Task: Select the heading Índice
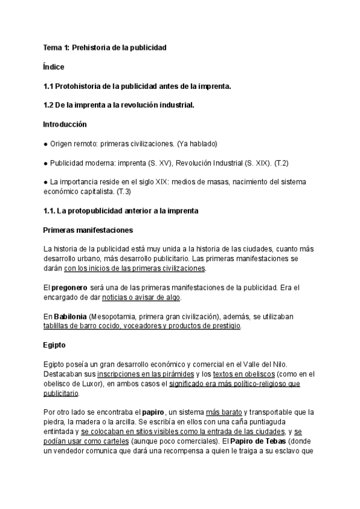click(x=54, y=67)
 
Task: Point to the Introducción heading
click(x=65, y=125)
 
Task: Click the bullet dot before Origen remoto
click(x=46, y=144)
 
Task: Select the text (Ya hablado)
click(x=197, y=144)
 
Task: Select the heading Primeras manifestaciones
click(x=88, y=230)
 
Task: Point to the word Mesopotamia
click(x=112, y=316)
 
